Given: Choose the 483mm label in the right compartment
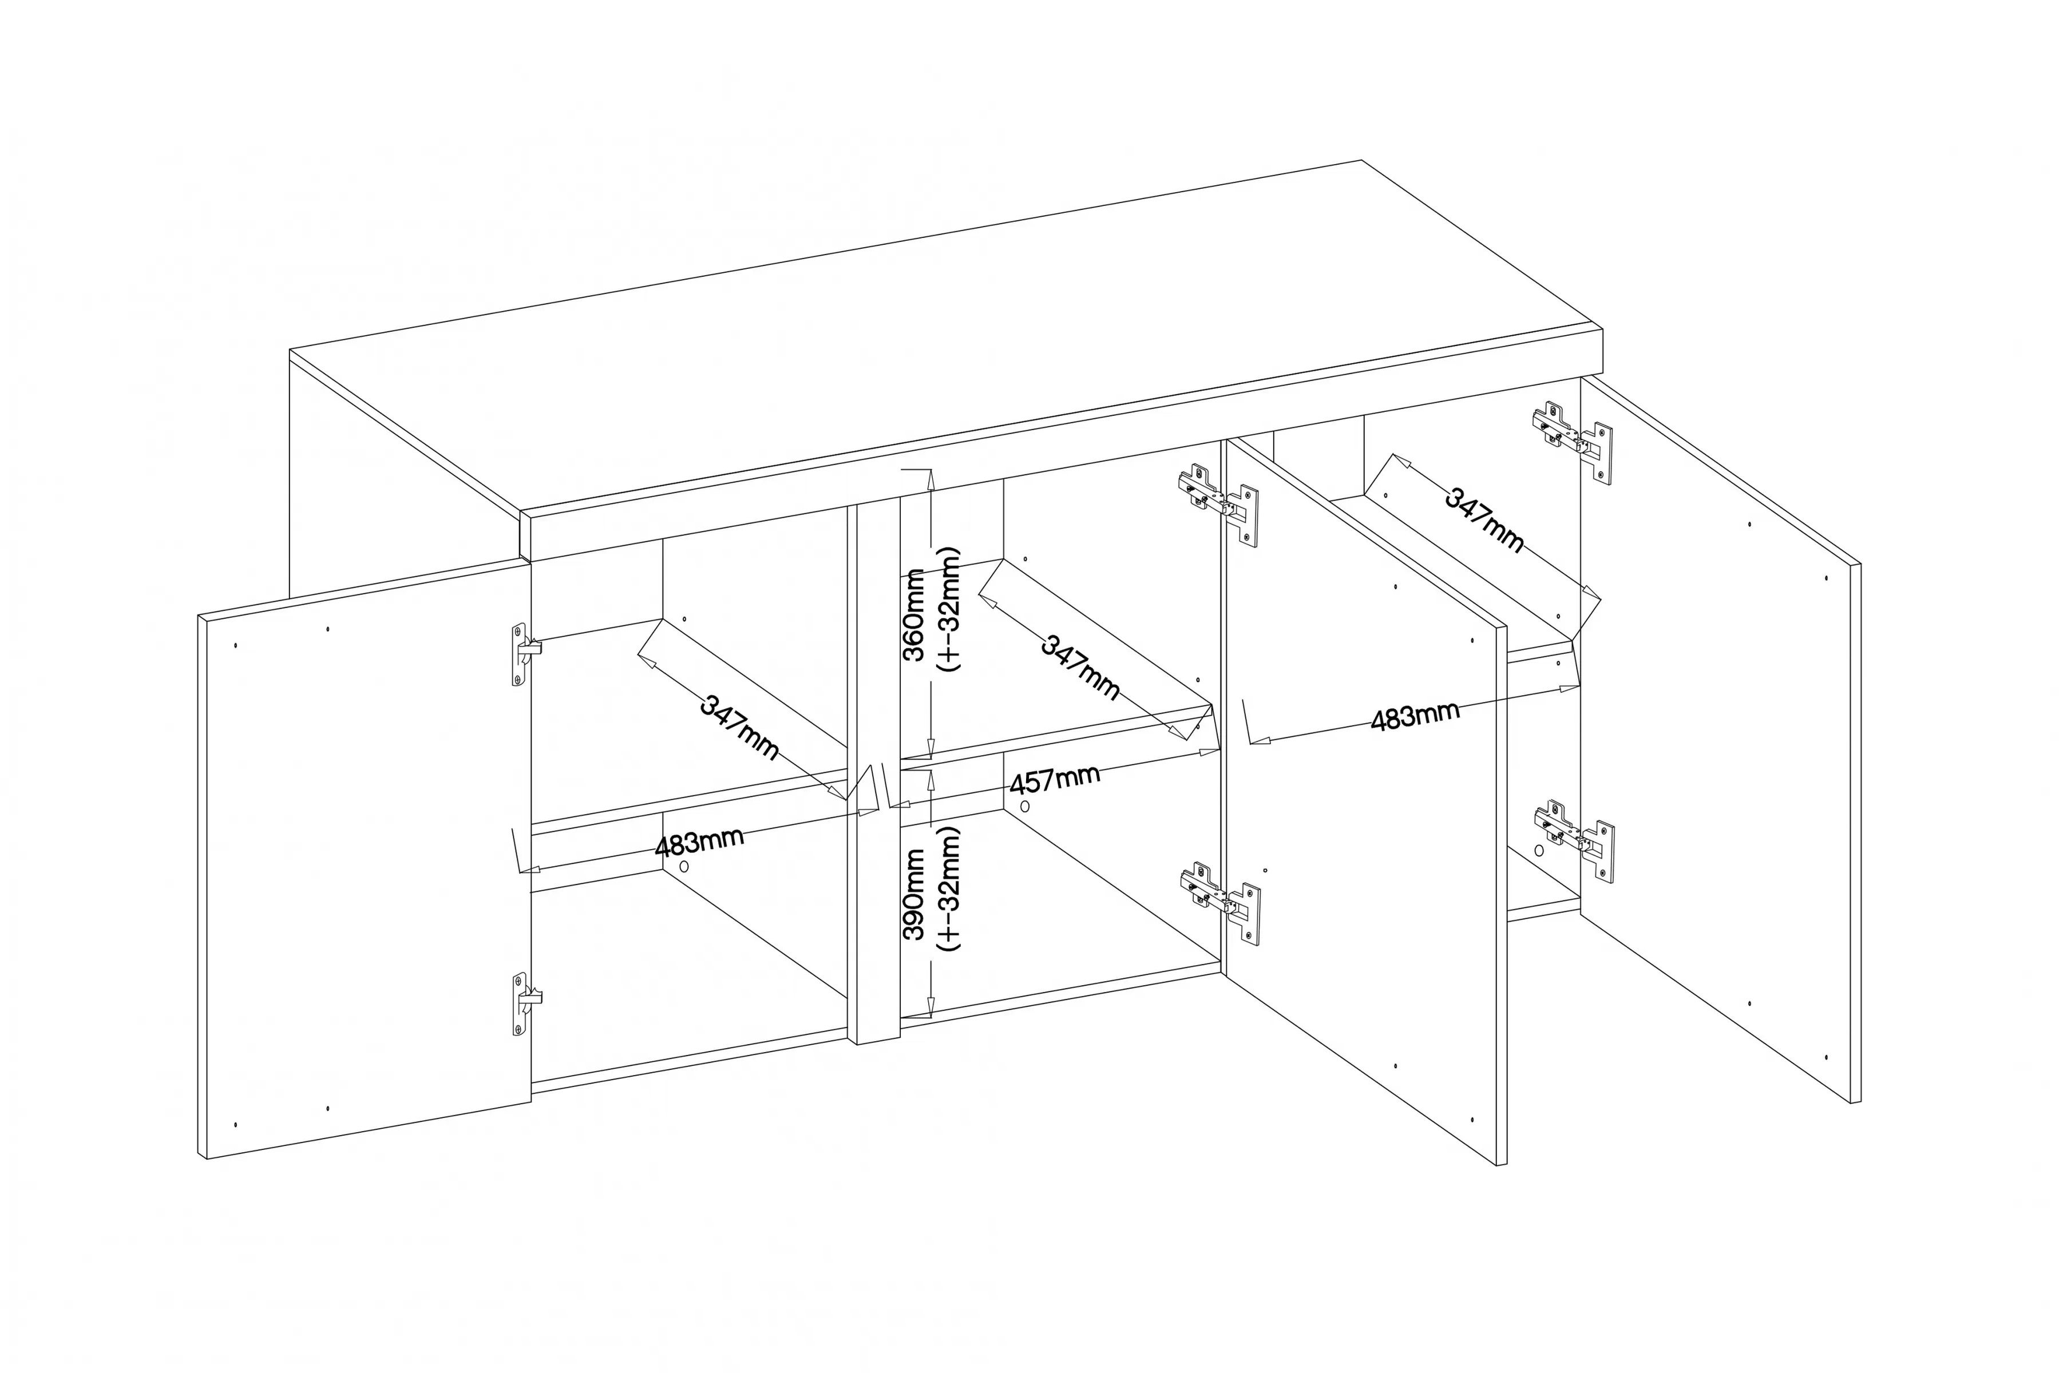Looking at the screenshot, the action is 1415,716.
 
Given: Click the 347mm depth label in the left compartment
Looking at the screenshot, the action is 739,727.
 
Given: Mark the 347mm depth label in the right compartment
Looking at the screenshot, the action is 1484,519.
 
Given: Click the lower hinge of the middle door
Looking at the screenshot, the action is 1221,903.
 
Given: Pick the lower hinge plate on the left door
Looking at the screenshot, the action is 525,1003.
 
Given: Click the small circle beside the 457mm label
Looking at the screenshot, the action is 1025,805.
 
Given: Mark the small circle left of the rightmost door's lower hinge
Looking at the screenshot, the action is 1539,850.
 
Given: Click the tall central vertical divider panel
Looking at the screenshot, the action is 873,775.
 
